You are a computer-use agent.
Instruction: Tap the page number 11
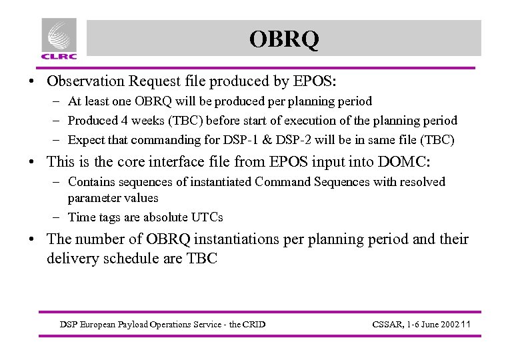(466, 325)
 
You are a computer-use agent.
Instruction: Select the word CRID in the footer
(253, 325)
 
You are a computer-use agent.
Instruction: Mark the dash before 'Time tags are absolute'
(59, 217)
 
